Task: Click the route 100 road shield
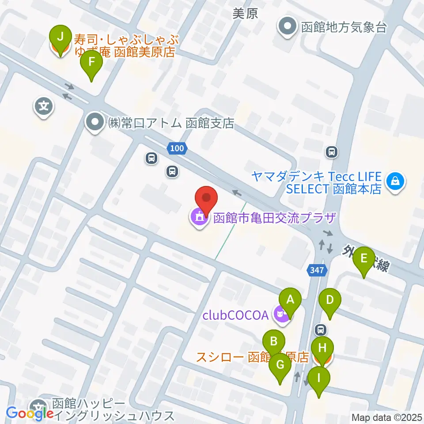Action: [x=177, y=149]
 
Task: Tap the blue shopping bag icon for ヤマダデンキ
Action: [x=395, y=182]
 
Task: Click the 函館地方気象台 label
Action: [x=344, y=27]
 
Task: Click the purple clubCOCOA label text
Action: [x=235, y=315]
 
